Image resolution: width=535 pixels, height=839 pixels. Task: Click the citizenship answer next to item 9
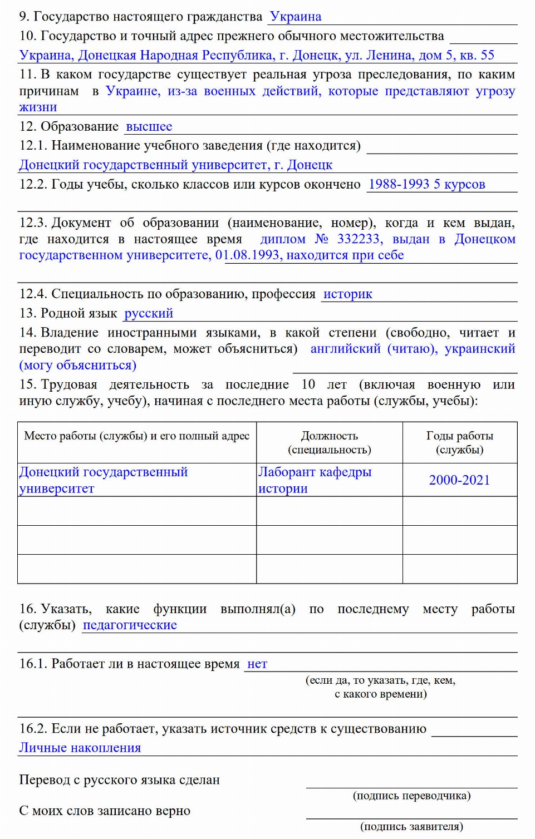(x=295, y=17)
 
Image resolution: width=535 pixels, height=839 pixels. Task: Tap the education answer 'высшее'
(x=149, y=127)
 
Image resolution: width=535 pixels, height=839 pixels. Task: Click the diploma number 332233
(x=359, y=239)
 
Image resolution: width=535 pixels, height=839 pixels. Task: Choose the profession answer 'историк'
(x=347, y=294)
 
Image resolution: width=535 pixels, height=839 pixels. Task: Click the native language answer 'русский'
(x=148, y=313)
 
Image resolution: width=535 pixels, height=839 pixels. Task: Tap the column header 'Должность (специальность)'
(x=329, y=443)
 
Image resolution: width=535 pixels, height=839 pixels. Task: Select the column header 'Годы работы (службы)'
(x=459, y=443)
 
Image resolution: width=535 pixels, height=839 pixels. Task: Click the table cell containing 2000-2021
(x=459, y=480)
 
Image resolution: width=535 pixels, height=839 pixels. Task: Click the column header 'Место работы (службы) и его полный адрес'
(x=136, y=436)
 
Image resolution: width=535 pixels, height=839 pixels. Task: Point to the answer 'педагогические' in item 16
(x=130, y=625)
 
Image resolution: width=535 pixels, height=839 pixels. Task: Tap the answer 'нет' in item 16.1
(x=257, y=664)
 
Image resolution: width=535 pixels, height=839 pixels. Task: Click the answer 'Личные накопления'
(x=80, y=748)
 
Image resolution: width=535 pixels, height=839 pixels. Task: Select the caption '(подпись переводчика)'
(x=411, y=796)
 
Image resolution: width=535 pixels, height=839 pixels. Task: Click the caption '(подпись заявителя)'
(x=411, y=827)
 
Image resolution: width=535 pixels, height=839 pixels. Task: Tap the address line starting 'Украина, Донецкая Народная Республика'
(x=257, y=56)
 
